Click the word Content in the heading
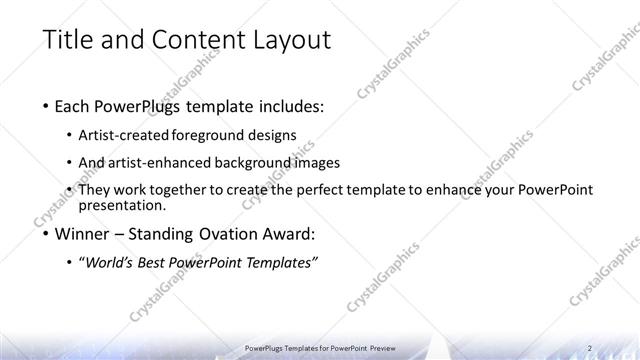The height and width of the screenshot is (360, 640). point(198,41)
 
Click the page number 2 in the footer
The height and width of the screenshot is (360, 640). point(590,348)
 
